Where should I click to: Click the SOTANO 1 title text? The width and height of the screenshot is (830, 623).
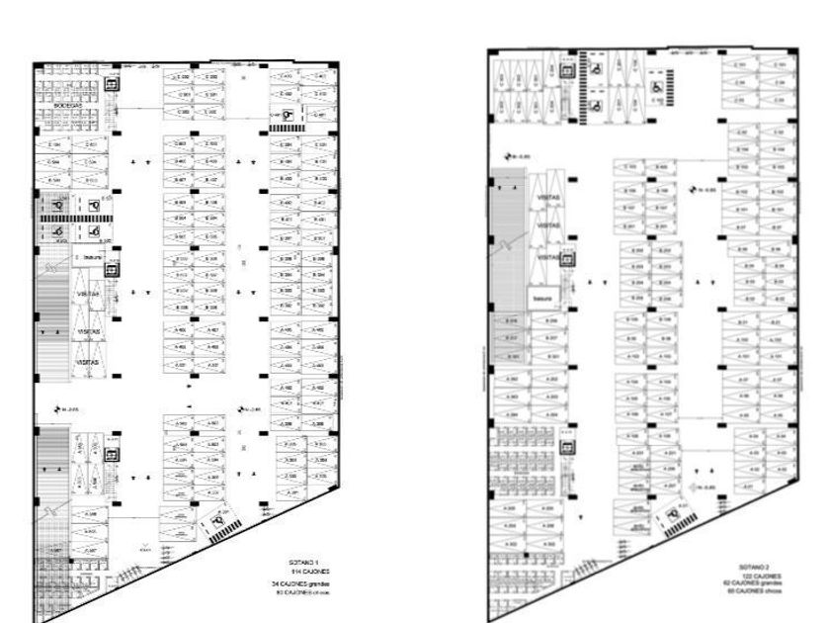[x=293, y=563]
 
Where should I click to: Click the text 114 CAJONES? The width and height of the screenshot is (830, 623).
[x=293, y=573]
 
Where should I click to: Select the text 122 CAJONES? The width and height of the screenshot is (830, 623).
[x=756, y=576]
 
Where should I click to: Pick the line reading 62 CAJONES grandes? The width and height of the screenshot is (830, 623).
[x=759, y=583]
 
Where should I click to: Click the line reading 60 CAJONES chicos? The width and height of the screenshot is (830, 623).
[x=759, y=591]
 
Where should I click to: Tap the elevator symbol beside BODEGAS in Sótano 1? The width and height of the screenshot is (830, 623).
[x=112, y=85]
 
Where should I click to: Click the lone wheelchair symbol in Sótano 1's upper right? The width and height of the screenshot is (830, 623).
[x=287, y=115]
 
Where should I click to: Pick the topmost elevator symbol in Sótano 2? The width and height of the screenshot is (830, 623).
[x=569, y=71]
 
